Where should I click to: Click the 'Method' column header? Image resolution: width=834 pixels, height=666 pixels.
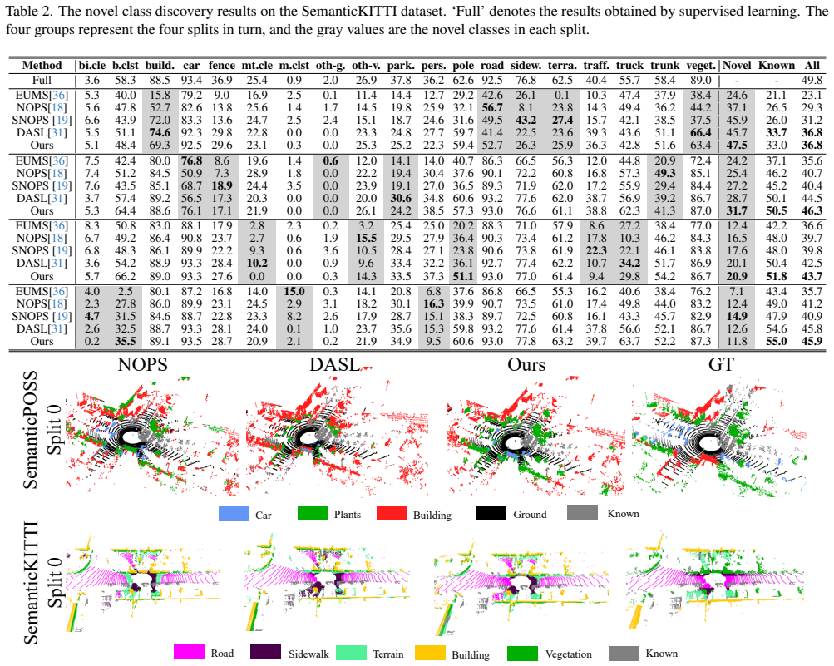pyautogui.click(x=42, y=66)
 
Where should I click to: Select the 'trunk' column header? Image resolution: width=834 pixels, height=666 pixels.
pyautogui.click(x=665, y=66)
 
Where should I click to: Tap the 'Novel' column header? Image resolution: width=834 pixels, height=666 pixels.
pyautogui.click(x=737, y=66)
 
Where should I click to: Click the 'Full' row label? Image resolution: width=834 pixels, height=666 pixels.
pyautogui.click(x=42, y=81)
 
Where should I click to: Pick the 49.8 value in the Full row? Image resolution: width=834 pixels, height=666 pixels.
pyautogui.click(x=812, y=81)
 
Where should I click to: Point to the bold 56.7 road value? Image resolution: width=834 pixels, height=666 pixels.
pyautogui.click(x=492, y=107)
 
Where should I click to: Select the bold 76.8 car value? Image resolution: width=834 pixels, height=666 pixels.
pyautogui.click(x=191, y=160)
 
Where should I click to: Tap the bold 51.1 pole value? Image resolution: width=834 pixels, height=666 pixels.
pyautogui.click(x=463, y=276)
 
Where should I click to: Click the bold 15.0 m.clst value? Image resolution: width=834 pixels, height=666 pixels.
pyautogui.click(x=294, y=291)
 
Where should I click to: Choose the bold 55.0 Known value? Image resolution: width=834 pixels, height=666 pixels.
pyautogui.click(x=777, y=341)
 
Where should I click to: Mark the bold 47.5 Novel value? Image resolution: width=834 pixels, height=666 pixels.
pyautogui.click(x=737, y=146)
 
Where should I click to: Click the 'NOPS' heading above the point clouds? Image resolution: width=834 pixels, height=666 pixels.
pyautogui.click(x=142, y=365)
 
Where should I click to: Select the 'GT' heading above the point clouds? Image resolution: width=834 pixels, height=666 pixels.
pyautogui.click(x=721, y=365)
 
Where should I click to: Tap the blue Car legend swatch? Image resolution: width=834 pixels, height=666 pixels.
pyautogui.click(x=234, y=514)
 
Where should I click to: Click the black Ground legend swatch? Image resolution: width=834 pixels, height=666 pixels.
pyautogui.click(x=491, y=513)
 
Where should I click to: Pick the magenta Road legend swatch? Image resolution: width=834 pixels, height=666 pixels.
pyautogui.click(x=189, y=653)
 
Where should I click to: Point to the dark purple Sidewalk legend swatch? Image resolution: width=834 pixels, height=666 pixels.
pyautogui.click(x=265, y=653)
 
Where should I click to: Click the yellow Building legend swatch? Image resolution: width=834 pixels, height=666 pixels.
pyautogui.click(x=430, y=654)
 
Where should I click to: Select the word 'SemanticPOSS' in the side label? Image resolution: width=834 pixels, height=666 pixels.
pyautogui.click(x=30, y=430)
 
